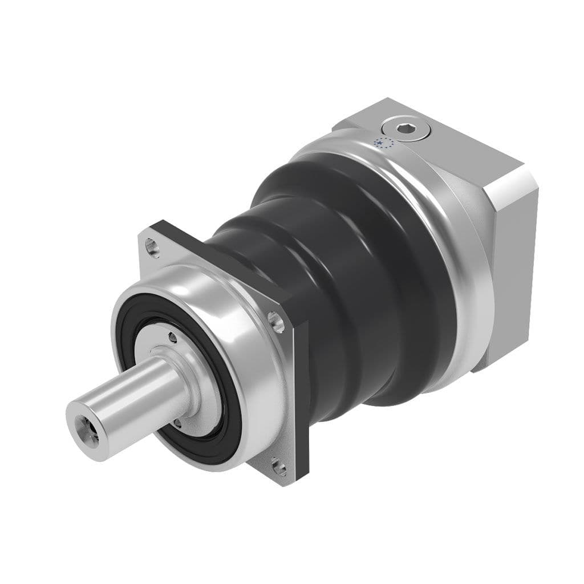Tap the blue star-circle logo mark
coord(383,143)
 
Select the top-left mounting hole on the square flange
coord(151,246)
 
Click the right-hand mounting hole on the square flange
coord(278,322)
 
